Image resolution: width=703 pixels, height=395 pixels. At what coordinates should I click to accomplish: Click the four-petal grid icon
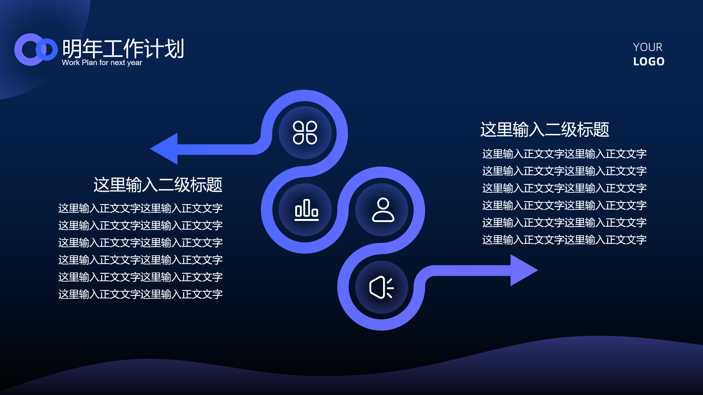(x=305, y=132)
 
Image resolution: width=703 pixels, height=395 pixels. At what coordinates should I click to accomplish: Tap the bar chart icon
(x=306, y=210)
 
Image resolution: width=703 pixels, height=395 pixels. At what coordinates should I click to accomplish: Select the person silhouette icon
(x=383, y=210)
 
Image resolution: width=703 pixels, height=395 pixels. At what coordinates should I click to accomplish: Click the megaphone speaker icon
(x=381, y=287)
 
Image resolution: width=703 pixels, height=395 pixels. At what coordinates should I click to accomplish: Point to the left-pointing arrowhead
(x=165, y=148)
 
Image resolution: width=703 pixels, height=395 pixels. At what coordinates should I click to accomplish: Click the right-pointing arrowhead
(x=524, y=270)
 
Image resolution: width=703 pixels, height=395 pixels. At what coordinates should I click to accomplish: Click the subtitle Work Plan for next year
(x=102, y=63)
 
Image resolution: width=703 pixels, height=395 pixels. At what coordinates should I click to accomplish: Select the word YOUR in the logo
(x=647, y=47)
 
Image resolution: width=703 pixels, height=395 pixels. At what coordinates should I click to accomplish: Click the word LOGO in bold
(x=649, y=61)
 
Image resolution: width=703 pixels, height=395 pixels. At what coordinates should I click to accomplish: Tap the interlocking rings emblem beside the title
(x=36, y=50)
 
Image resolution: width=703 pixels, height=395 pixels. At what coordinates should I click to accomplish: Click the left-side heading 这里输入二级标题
(x=158, y=185)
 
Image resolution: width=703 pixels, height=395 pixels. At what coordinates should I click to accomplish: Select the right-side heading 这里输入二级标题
(x=544, y=130)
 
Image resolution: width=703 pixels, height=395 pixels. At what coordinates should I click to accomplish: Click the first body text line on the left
(x=140, y=208)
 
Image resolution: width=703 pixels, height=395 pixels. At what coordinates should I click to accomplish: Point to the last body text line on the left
(x=140, y=294)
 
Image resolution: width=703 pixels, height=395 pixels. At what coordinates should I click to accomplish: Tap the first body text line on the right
(x=564, y=154)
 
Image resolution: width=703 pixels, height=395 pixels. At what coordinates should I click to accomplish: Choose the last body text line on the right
(x=564, y=240)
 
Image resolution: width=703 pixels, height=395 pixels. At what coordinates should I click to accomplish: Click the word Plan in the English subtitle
(x=89, y=63)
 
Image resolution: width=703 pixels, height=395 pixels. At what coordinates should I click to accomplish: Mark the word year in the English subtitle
(x=134, y=63)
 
